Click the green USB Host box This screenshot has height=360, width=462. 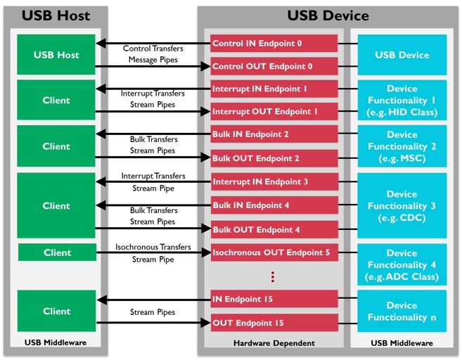[x=56, y=55]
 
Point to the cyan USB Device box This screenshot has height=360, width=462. [x=402, y=55]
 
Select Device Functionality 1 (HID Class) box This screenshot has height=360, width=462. [x=402, y=101]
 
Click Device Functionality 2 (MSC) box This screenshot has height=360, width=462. [x=402, y=146]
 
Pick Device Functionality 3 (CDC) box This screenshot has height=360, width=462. [x=402, y=205]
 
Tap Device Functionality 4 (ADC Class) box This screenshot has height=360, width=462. [x=402, y=264]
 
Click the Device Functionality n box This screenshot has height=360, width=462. [x=402, y=311]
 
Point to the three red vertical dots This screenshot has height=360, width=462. [x=272, y=277]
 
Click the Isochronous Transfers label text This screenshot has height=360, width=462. [x=153, y=247]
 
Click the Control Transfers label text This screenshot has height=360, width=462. [x=153, y=49]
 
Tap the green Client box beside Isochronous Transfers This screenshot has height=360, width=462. [x=56, y=252]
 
